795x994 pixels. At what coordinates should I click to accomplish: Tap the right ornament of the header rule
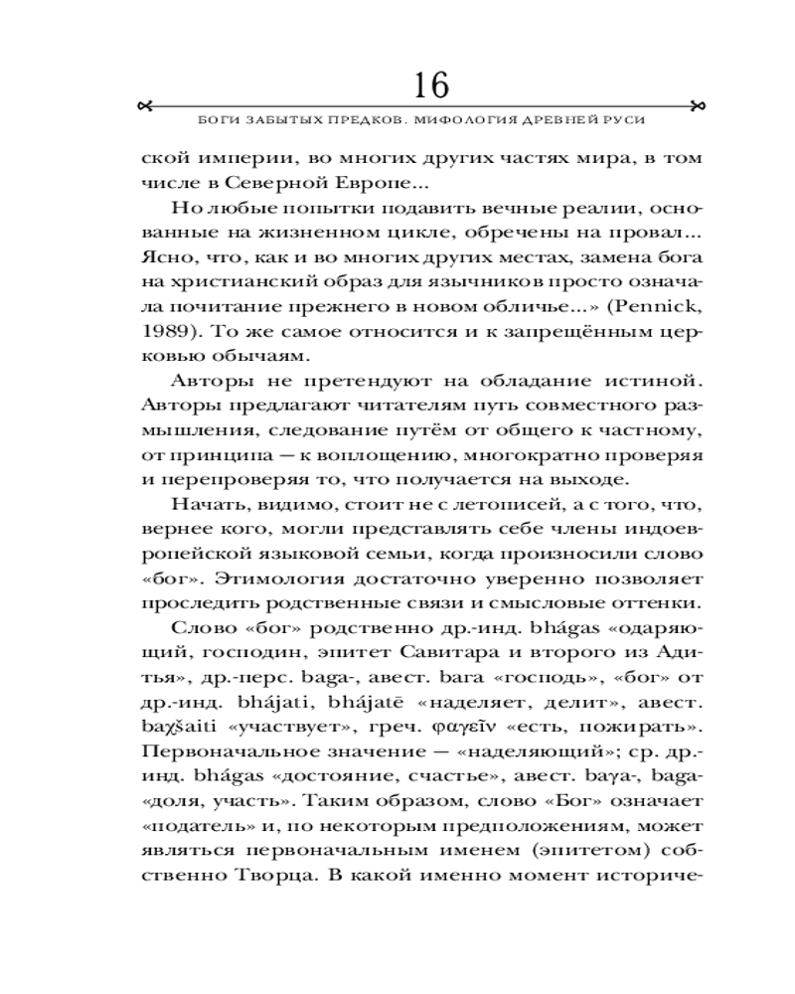[x=697, y=105]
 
